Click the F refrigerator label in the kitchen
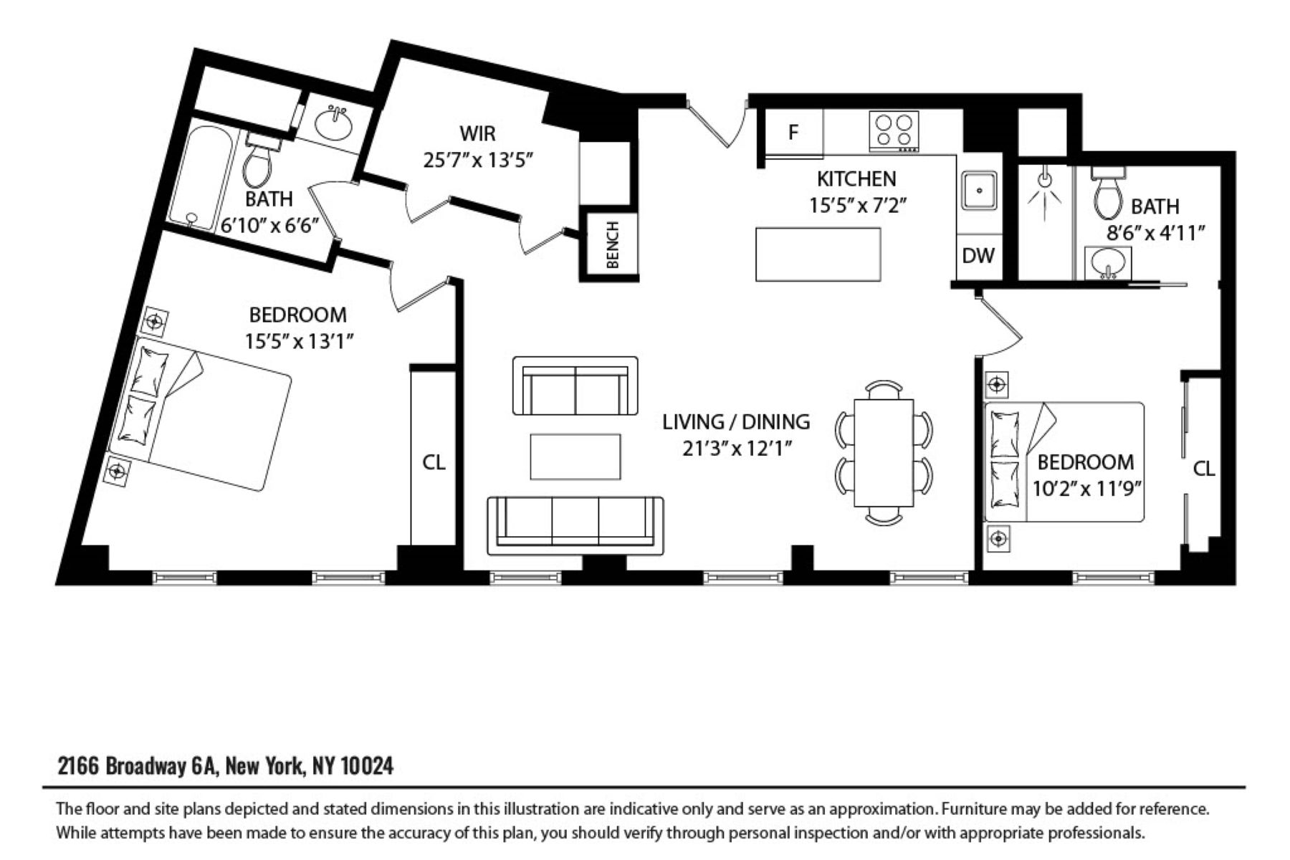(x=793, y=132)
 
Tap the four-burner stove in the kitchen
(x=894, y=131)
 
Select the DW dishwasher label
(x=978, y=255)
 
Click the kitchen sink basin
(x=978, y=191)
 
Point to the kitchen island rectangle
(x=818, y=254)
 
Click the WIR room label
(x=477, y=133)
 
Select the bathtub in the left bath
(x=202, y=178)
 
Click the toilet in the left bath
(x=257, y=161)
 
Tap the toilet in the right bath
(x=1108, y=193)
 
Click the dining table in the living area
(x=884, y=452)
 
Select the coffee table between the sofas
(x=575, y=457)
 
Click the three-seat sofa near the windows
(x=575, y=526)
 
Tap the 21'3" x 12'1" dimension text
(x=737, y=449)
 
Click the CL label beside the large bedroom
(x=434, y=462)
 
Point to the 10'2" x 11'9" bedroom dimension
(x=1086, y=489)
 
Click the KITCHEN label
(x=856, y=178)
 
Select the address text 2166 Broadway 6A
(x=137, y=766)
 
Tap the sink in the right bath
(x=1108, y=263)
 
